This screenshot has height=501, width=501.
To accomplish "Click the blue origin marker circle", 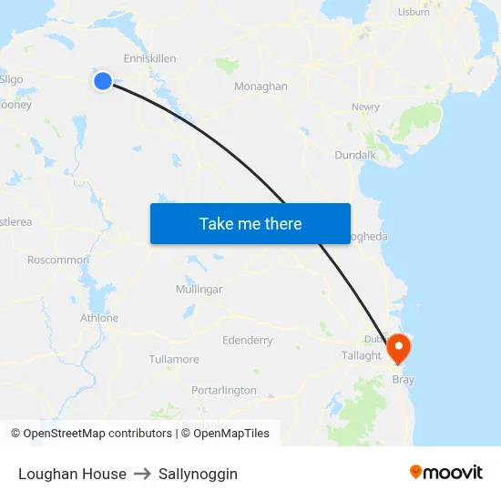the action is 103,81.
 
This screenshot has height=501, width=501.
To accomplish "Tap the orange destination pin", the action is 399,348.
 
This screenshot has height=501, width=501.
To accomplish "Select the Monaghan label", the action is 261,87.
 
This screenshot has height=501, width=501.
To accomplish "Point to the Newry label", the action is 365,107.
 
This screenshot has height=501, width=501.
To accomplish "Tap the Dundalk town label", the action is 355,155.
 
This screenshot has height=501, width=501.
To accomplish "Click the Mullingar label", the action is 199,289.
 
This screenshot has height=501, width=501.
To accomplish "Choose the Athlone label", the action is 99,318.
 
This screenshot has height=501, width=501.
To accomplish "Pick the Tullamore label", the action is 173,359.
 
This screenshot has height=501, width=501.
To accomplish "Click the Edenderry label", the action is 247,340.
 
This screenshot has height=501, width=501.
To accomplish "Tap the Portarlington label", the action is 224,390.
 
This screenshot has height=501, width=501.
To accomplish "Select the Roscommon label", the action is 58,260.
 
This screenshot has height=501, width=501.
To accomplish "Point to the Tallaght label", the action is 361,355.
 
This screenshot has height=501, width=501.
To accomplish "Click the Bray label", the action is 403,379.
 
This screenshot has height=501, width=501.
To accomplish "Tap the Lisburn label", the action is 414,12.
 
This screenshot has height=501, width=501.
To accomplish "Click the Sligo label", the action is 12,79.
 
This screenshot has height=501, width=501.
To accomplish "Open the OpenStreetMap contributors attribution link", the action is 97,434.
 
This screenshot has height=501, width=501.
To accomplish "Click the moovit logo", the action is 446,472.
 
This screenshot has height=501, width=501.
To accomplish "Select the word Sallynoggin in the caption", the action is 198,474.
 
